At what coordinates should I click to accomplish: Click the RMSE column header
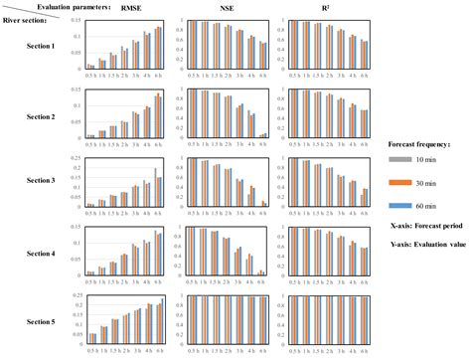(x=130, y=8)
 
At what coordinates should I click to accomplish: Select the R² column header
(x=317, y=8)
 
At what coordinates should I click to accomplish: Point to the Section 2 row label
(x=40, y=115)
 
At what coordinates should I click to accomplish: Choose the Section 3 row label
(x=40, y=180)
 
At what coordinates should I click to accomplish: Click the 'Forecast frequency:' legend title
(x=421, y=142)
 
